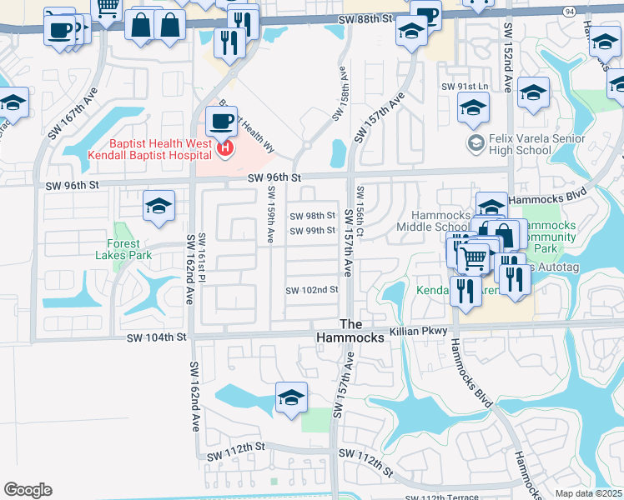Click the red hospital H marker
click(x=224, y=149)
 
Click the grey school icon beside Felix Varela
click(x=476, y=142)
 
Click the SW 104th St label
click(x=158, y=337)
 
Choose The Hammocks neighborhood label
click(x=350, y=331)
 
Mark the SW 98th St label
click(x=312, y=215)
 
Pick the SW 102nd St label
click(x=312, y=290)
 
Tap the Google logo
click(x=28, y=490)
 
